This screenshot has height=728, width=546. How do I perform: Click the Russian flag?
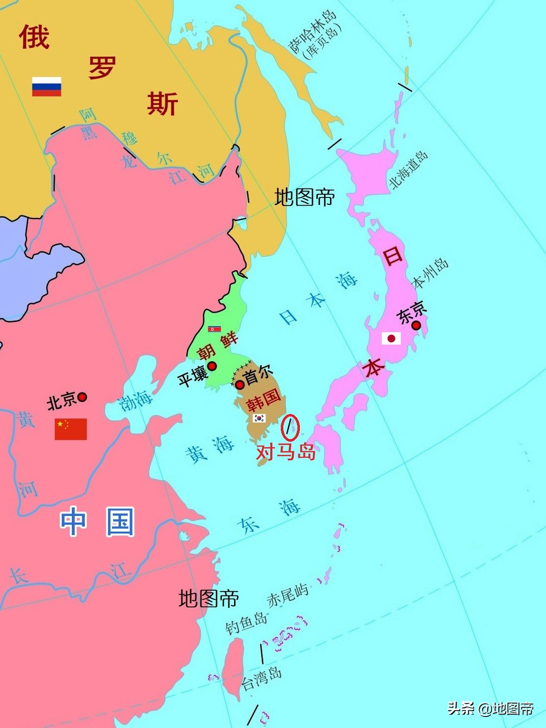(x=47, y=86)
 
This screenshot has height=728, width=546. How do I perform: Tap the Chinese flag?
(x=71, y=429)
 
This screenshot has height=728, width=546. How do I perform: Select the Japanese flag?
(x=391, y=338)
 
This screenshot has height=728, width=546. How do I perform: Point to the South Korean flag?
(x=259, y=418)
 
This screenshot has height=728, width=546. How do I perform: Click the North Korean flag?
(x=214, y=329)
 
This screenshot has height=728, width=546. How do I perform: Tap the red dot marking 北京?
(x=82, y=397)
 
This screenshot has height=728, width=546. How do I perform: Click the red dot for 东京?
(x=416, y=326)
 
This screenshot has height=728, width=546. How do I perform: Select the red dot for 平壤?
(x=212, y=366)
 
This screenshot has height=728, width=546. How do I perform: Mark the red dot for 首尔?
(x=240, y=385)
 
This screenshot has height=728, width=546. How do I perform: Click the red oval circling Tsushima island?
(x=290, y=428)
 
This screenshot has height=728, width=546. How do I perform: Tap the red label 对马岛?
(x=285, y=452)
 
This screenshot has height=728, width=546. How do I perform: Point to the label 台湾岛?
(x=262, y=679)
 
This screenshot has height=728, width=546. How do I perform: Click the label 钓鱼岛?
(x=246, y=623)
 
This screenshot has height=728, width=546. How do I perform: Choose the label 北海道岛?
(x=408, y=170)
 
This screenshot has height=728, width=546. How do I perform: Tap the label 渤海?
(x=136, y=400)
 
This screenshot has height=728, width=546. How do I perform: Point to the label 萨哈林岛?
(x=312, y=31)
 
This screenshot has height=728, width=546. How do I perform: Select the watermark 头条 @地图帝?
(x=490, y=708)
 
